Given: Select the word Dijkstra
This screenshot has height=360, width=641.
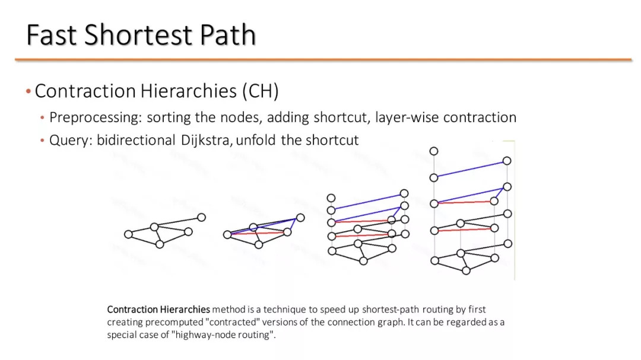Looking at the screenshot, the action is [207, 140].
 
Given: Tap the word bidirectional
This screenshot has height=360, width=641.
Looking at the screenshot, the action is [136, 140].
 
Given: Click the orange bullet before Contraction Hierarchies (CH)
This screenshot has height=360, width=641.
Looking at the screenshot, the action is [28, 91].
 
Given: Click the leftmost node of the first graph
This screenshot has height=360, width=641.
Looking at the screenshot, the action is [128, 234].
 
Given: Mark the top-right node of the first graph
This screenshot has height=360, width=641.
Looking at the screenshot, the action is [201, 218].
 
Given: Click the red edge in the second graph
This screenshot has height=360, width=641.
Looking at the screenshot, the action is [258, 233].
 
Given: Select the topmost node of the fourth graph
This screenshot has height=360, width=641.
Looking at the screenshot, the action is [434, 151].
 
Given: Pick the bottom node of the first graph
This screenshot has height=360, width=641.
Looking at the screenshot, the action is [160, 244].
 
